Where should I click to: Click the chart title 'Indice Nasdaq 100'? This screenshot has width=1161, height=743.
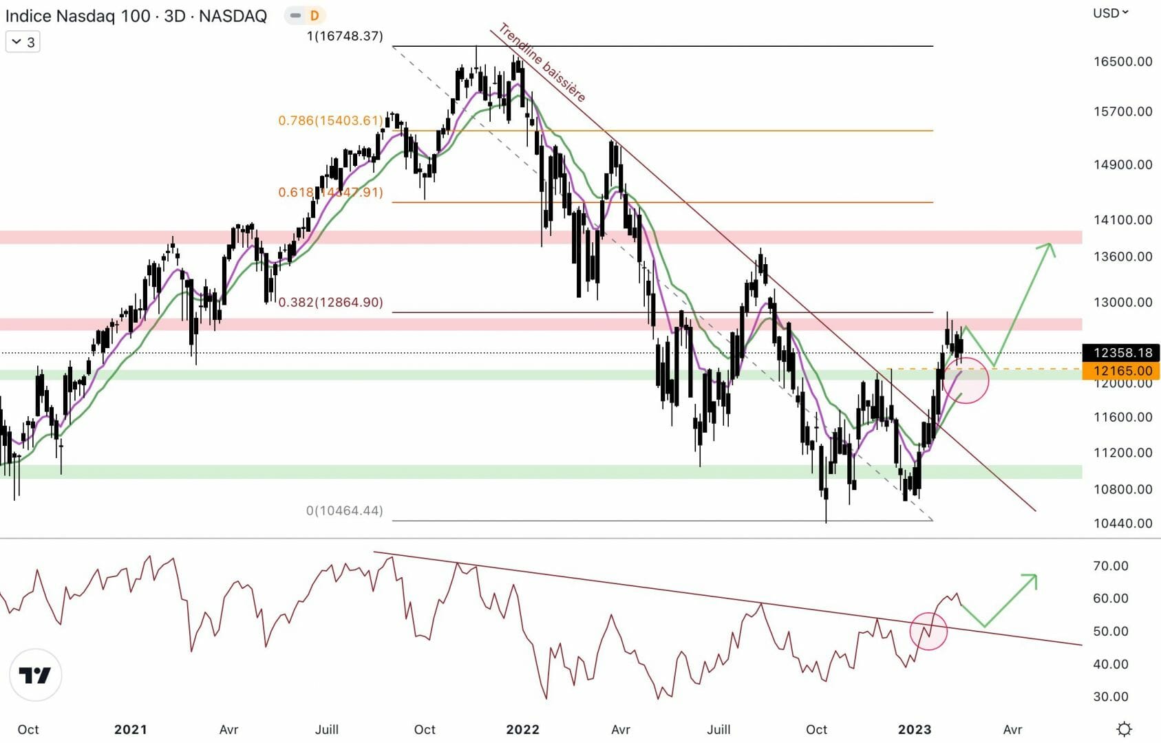click(x=77, y=16)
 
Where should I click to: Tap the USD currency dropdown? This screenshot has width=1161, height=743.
click(x=1110, y=12)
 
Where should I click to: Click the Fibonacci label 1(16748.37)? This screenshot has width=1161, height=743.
click(x=345, y=36)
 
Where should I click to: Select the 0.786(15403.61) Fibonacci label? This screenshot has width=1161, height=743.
click(x=330, y=120)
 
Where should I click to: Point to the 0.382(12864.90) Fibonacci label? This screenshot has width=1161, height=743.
click(x=330, y=302)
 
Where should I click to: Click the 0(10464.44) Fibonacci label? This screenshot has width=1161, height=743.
click(x=344, y=510)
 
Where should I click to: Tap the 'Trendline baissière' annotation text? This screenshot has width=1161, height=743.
click(x=542, y=63)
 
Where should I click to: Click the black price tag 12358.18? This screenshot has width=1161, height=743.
click(x=1122, y=353)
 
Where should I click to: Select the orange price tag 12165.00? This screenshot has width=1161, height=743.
click(x=1122, y=371)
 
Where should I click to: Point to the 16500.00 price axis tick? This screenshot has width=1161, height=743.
click(x=1122, y=61)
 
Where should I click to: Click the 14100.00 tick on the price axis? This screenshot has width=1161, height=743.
click(x=1122, y=219)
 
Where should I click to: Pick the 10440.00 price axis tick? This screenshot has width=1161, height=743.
click(x=1122, y=523)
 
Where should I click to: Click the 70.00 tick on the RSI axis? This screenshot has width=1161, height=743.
click(x=1110, y=566)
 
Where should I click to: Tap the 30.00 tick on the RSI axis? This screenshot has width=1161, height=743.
click(x=1110, y=696)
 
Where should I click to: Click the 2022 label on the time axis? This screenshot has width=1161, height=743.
click(x=522, y=729)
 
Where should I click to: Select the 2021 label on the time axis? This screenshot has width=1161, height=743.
click(x=130, y=729)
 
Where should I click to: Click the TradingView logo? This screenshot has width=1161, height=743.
click(x=35, y=675)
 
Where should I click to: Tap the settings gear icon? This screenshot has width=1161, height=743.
click(x=1124, y=729)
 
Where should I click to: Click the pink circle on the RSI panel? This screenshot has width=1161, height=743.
click(x=928, y=631)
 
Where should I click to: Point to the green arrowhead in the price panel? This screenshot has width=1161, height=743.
click(x=1048, y=248)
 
